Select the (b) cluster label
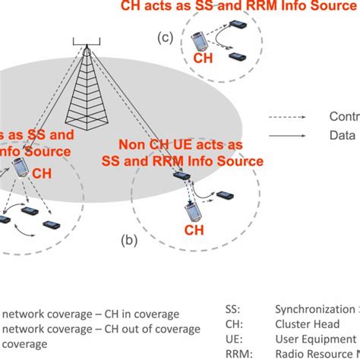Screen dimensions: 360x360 click(128, 242)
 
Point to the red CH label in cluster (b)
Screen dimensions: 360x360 click(194, 229)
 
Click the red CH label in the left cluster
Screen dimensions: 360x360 click(43, 173)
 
